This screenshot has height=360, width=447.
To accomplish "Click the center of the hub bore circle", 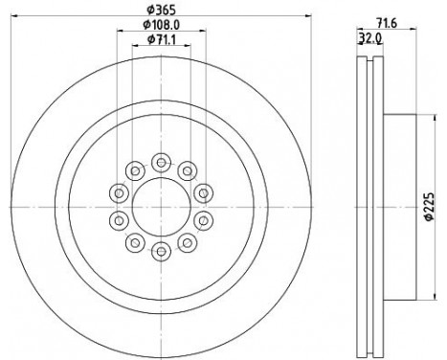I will (160, 207).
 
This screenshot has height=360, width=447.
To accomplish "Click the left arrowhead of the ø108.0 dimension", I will (118, 30).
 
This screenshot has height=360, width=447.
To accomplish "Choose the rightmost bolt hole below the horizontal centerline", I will (202, 220).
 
